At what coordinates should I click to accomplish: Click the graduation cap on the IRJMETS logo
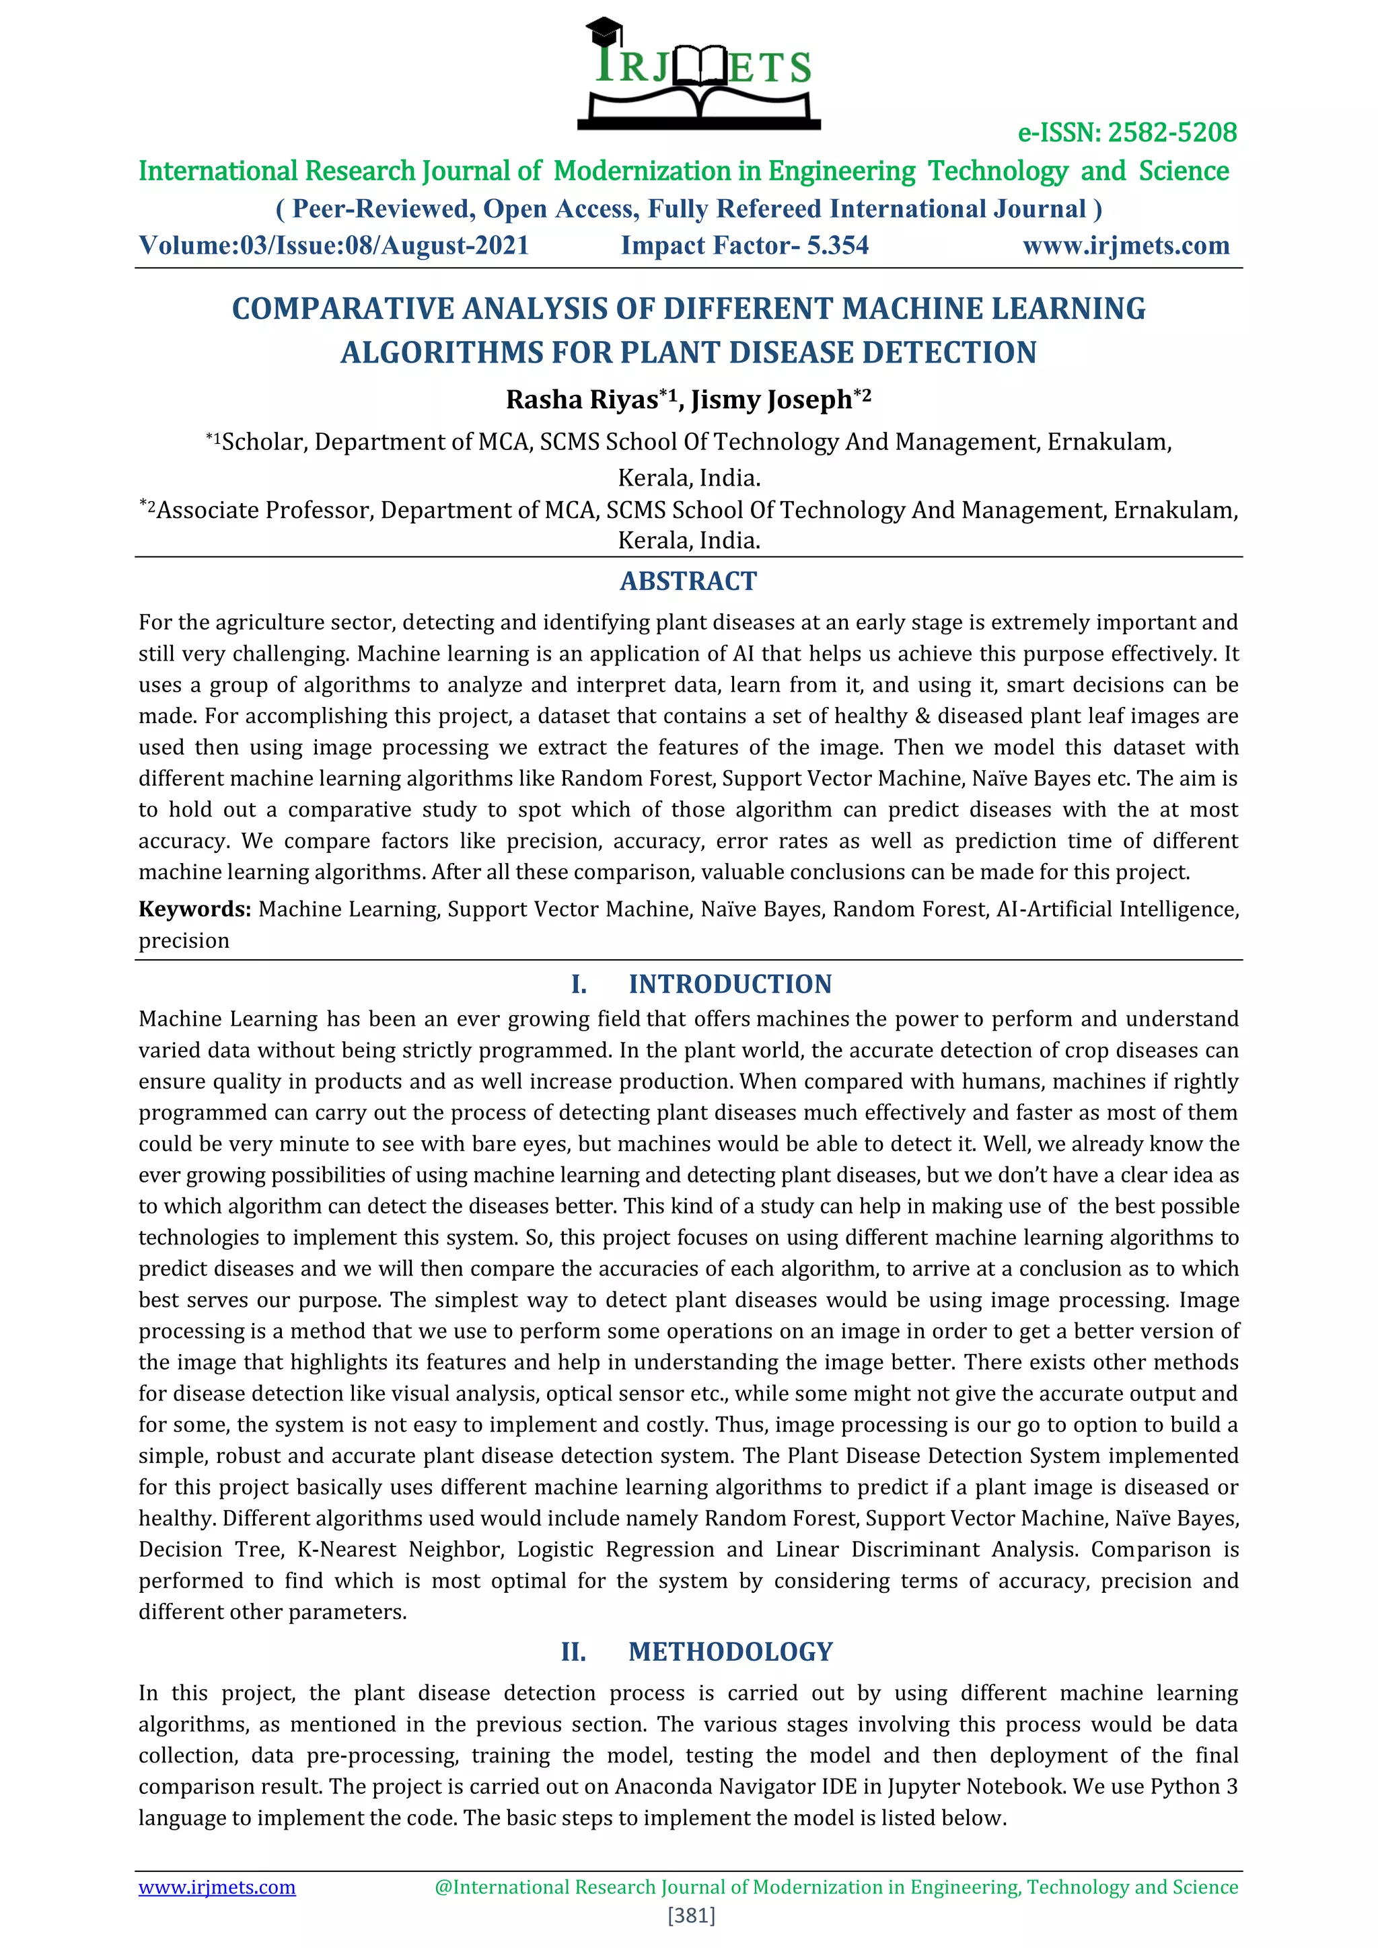(604, 32)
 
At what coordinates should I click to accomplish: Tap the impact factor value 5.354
(838, 246)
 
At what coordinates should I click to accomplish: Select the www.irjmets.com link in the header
(1125, 246)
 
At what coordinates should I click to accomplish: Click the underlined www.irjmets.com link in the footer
(217, 1887)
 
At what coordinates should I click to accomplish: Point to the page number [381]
(692, 1915)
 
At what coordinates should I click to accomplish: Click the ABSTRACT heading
(688, 581)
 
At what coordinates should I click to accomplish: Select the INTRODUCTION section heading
(730, 984)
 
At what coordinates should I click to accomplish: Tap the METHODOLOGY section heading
(731, 1652)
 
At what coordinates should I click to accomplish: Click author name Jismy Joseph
(770, 400)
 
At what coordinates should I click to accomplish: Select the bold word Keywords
(194, 909)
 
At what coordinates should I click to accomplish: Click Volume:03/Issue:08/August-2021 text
(334, 246)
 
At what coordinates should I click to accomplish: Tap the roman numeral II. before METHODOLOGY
(573, 1652)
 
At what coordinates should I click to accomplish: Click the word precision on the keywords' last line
(184, 941)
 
